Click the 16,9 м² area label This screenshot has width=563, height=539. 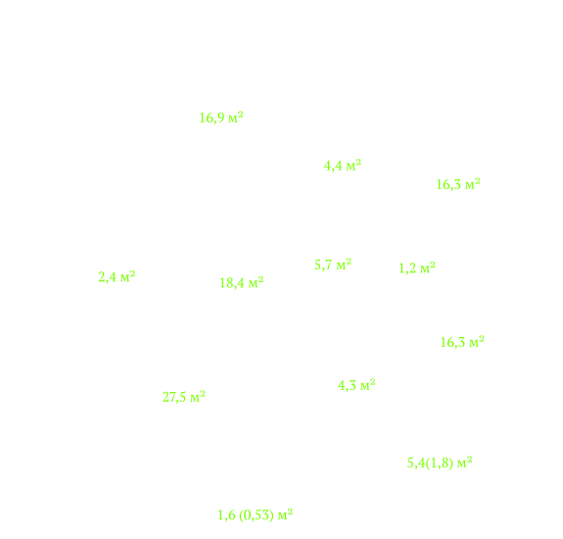coord(221,118)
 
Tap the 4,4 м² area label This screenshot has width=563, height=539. coord(343,166)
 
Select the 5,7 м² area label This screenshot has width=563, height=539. coord(333,265)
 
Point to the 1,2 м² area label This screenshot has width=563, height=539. coord(417,268)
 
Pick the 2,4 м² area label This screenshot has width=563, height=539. coord(117,276)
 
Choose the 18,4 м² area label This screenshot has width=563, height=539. coord(242,282)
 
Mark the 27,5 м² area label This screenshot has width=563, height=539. coord(184,397)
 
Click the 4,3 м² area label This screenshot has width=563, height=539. coord(356,385)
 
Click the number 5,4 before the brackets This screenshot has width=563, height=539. coord(416,463)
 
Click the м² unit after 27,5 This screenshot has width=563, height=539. coord(198,396)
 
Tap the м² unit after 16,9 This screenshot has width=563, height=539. coord(236,117)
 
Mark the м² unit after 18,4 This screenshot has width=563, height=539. coord(256,282)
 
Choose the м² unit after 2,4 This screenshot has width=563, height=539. coord(128,276)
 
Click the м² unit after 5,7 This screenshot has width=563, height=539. coord(344,264)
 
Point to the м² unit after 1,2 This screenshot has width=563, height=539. coord(428,267)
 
